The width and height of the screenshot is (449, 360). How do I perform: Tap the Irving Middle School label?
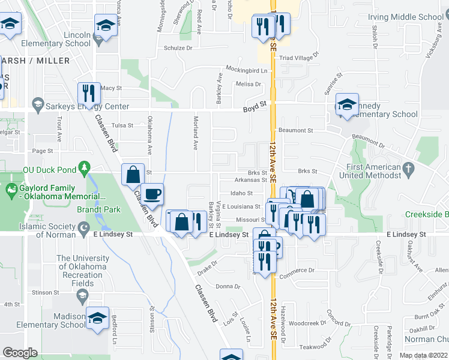414,17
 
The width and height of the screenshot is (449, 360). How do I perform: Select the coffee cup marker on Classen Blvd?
152,194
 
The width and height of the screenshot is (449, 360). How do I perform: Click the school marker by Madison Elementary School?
98,318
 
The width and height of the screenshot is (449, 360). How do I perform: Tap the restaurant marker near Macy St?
88,93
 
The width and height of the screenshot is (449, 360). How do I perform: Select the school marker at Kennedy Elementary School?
347,104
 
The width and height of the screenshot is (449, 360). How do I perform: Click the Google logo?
20,352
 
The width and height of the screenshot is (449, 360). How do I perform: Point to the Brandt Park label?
98,209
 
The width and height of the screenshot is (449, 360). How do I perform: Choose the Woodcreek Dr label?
306,323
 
